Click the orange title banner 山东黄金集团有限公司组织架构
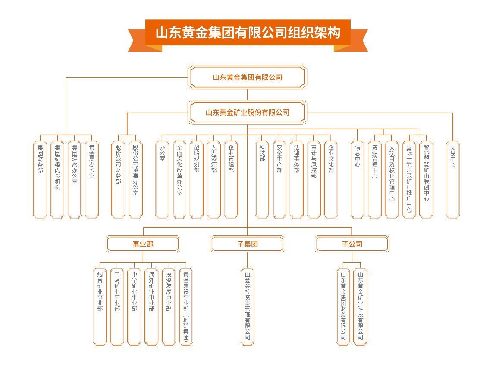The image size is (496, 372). pyautogui.click(x=248, y=33)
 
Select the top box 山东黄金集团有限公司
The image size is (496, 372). pyautogui.click(x=248, y=77)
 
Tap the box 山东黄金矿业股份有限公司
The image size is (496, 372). pyautogui.click(x=248, y=112)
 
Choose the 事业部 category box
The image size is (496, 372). pyautogui.click(x=143, y=244)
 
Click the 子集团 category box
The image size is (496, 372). pyautogui.click(x=248, y=244)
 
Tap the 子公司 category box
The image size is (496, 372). pyautogui.click(x=352, y=244)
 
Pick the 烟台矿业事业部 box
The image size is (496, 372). pyautogui.click(x=100, y=306)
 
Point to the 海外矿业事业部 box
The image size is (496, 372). pyautogui.click(x=151, y=306)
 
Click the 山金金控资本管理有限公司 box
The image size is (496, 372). pyautogui.click(x=248, y=306)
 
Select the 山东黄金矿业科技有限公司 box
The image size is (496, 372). pyautogui.click(x=360, y=306)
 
